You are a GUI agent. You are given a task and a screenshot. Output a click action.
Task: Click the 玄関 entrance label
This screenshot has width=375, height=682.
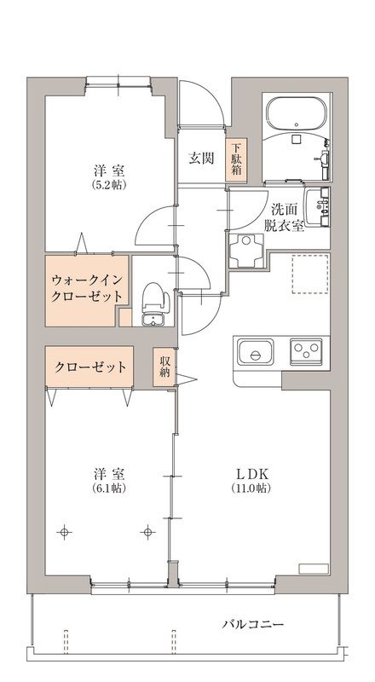pos(200,157)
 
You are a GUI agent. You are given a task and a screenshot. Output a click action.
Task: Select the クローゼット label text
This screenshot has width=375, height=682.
pos(91,367)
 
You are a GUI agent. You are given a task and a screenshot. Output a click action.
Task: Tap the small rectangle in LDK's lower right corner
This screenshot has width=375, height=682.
pos(314,568)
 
